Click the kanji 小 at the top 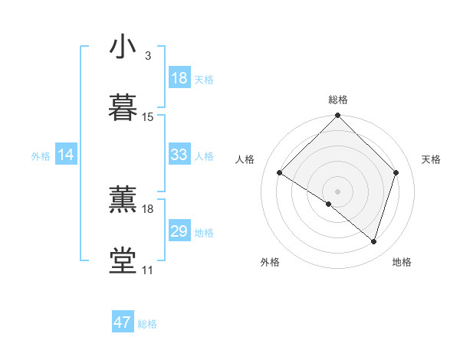tap(123, 47)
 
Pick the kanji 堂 tap(123, 260)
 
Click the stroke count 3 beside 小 tap(147, 56)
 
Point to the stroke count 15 tap(148, 117)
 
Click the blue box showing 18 tap(179, 78)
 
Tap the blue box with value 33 tap(179, 155)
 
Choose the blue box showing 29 tap(179, 231)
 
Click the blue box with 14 tap(66, 155)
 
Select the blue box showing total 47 tap(123, 322)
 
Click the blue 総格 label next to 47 tap(147, 324)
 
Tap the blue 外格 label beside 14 tap(41, 156)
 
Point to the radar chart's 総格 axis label tap(338, 100)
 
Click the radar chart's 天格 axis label tap(432, 159)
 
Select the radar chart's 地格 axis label tap(402, 263)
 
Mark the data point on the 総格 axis tap(337, 117)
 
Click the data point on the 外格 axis tap(329, 204)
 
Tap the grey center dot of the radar tap(337, 191)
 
